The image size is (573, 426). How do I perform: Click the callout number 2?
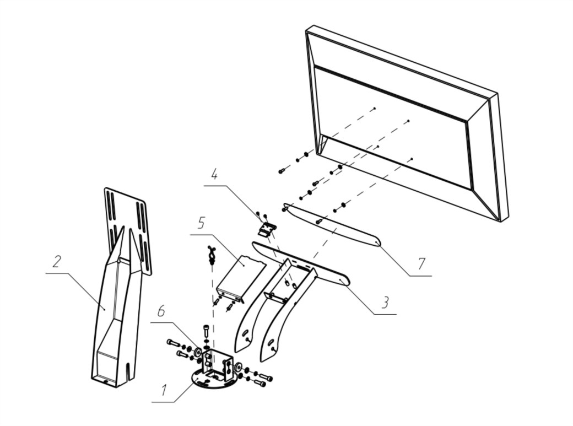(x=56, y=262)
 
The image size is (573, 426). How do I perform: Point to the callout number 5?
(x=202, y=224)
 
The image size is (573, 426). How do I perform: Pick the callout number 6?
(x=161, y=312)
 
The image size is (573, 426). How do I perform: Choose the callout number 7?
(x=421, y=263)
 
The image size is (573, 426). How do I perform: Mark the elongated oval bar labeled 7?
(x=331, y=226)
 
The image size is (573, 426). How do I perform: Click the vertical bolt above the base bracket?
(x=207, y=331)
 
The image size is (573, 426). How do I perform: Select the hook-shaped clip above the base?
(x=210, y=255)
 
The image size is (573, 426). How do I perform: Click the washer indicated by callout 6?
(x=197, y=351)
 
